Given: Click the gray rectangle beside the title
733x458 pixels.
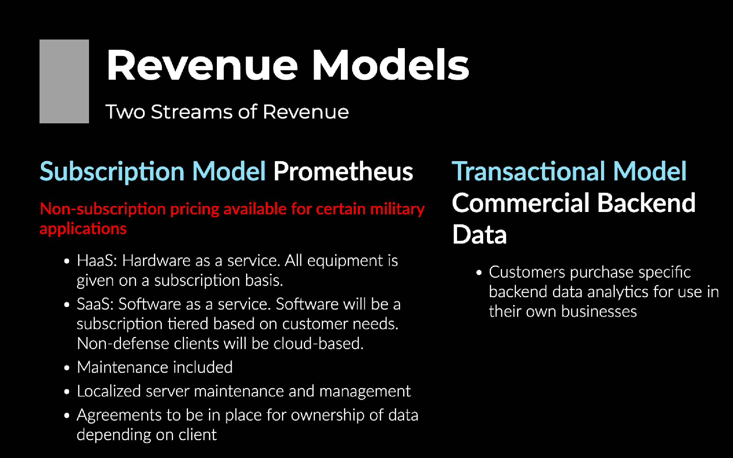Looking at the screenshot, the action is click(x=64, y=81).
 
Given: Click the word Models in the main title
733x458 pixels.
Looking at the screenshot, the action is click(x=390, y=65).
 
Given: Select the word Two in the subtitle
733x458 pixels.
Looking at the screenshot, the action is click(x=125, y=112).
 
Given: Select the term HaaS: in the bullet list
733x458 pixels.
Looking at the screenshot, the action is click(x=97, y=260).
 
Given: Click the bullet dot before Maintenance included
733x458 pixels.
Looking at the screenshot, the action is click(x=67, y=368).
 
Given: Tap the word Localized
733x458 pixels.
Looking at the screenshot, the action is click(x=109, y=391).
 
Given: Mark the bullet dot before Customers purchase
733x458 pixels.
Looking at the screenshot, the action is click(x=479, y=273).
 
